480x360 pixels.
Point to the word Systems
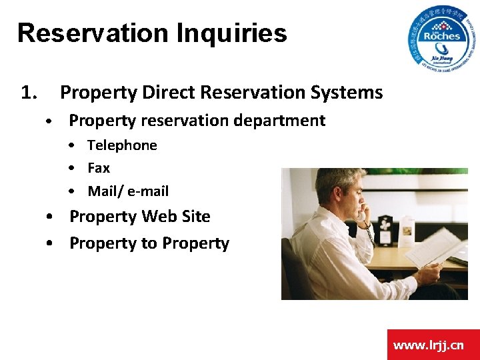(x=349, y=93)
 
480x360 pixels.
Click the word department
(x=280, y=121)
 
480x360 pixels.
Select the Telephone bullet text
(x=122, y=145)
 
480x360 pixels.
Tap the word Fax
(x=99, y=168)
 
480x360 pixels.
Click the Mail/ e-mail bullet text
(x=128, y=191)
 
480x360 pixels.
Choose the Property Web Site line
(x=139, y=217)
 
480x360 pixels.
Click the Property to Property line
(x=149, y=243)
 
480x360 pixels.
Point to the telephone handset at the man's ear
(x=361, y=215)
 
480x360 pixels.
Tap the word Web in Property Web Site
(x=163, y=217)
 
